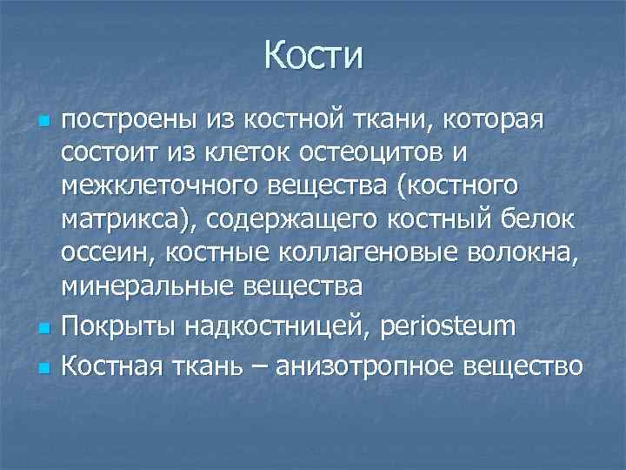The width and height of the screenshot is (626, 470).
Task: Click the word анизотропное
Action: click(x=362, y=363)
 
